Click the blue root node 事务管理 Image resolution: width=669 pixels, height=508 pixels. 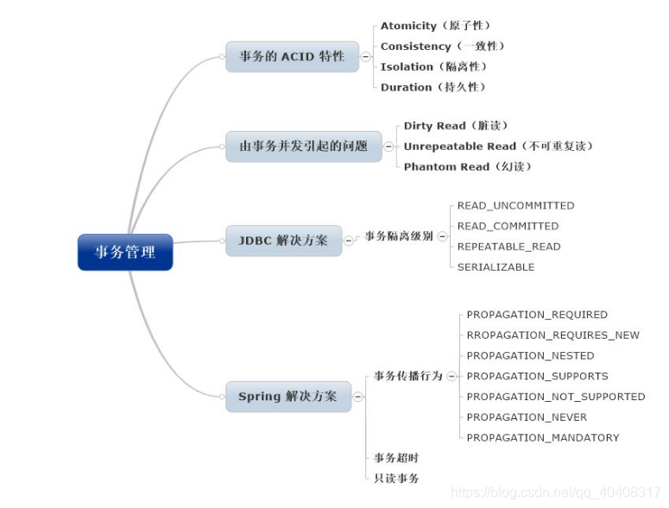pyautogui.click(x=125, y=252)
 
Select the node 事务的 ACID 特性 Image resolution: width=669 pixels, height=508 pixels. pyautogui.click(x=292, y=57)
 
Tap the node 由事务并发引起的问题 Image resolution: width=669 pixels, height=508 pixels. pyautogui.click(x=303, y=146)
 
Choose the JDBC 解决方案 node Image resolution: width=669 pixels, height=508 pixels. pyautogui.click(x=283, y=241)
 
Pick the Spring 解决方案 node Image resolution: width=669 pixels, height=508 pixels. pyautogui.click(x=287, y=397)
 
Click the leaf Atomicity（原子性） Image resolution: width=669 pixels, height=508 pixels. pyautogui.click(x=435, y=26)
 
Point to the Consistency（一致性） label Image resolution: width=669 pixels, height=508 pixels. pyautogui.click(x=442, y=47)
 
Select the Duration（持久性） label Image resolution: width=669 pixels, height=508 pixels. pyautogui.click(x=433, y=87)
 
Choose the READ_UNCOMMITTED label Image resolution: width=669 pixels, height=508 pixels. pyautogui.click(x=515, y=205)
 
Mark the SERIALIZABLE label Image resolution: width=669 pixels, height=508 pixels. pyautogui.click(x=495, y=267)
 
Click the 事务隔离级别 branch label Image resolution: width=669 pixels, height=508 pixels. pyautogui.click(x=398, y=235)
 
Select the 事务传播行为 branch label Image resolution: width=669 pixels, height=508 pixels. pyautogui.click(x=407, y=376)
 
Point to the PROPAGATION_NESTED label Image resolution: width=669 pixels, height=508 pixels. pyautogui.click(x=530, y=355)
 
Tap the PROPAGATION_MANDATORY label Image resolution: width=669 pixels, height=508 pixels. pyautogui.click(x=542, y=437)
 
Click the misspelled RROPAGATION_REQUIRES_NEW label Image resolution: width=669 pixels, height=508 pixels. pyautogui.click(x=552, y=335)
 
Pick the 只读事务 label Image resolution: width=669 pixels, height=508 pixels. pyautogui.click(x=396, y=478)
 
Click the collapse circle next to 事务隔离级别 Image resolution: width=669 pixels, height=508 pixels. pyautogui.click(x=442, y=235)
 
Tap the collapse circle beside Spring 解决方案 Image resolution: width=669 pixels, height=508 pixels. pyautogui.click(x=358, y=397)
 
